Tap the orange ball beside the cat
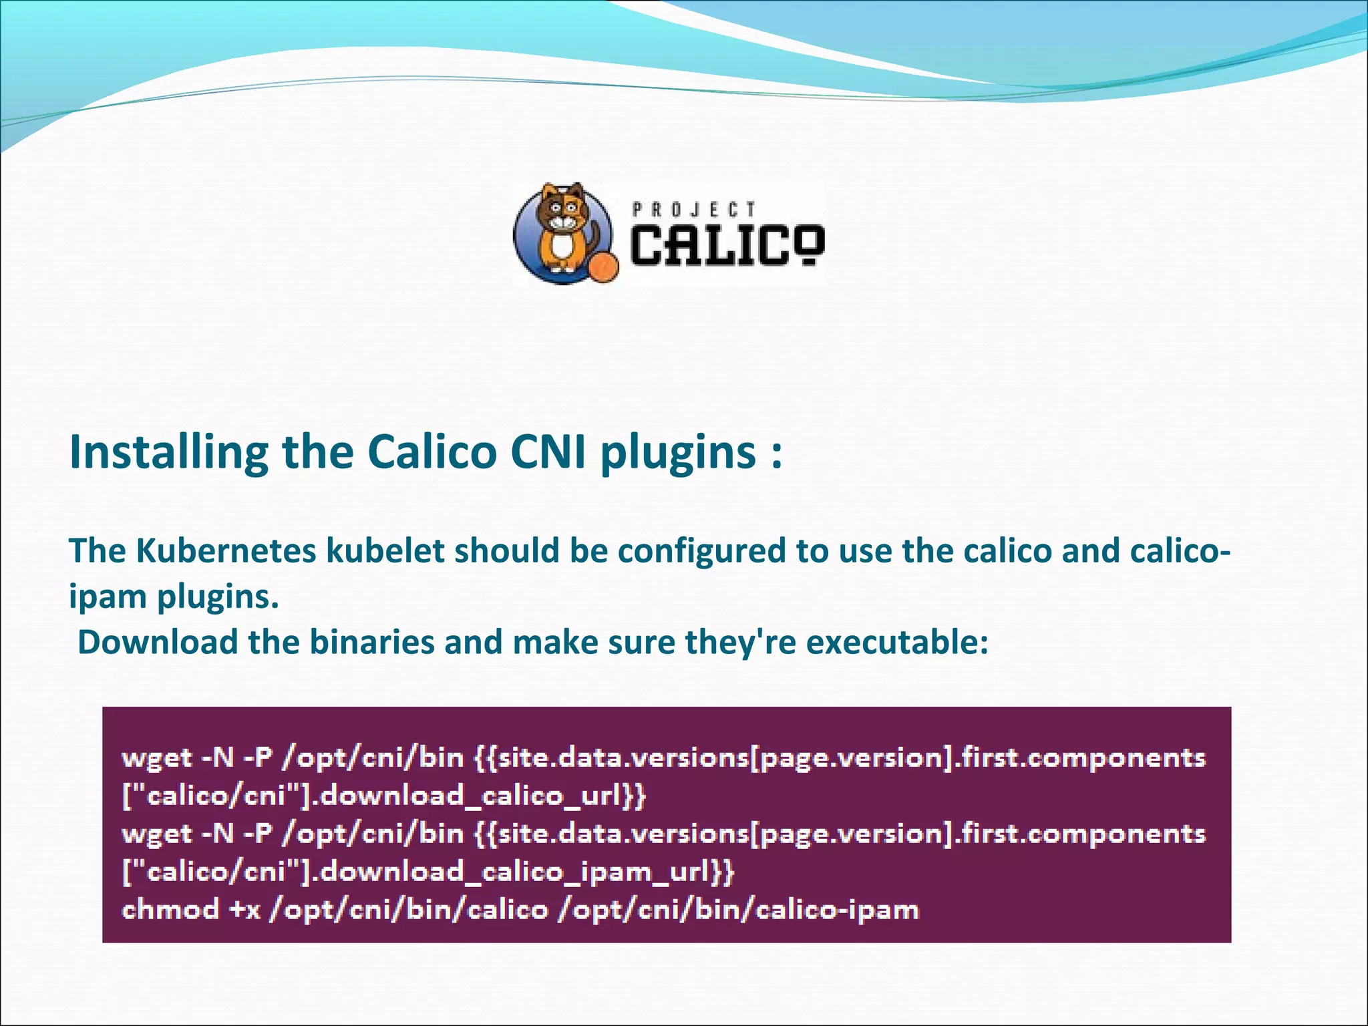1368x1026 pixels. [604, 267]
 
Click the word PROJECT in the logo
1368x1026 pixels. [693, 210]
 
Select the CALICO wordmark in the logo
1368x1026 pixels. [727, 245]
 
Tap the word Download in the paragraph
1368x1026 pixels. [158, 643]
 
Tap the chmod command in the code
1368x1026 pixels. [170, 910]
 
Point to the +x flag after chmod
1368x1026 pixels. [244, 910]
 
